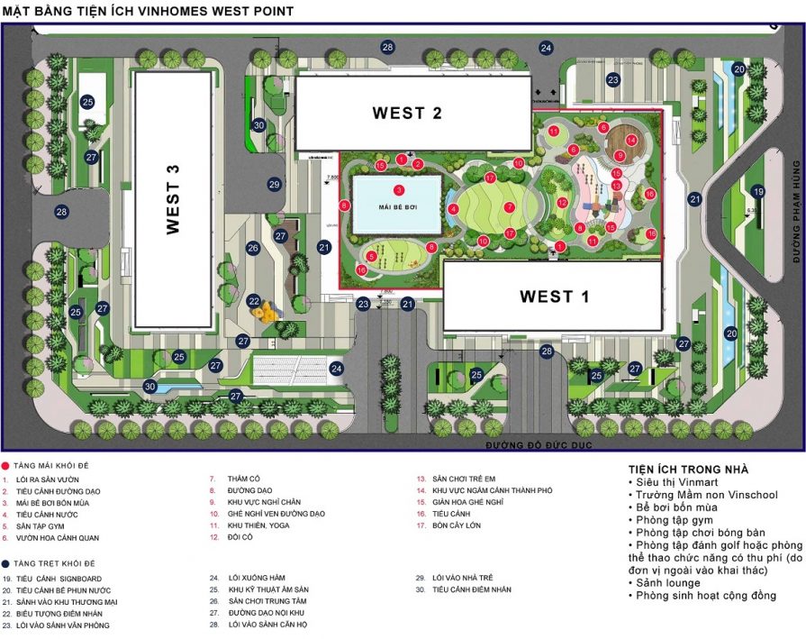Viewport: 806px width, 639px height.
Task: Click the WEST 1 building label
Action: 554,296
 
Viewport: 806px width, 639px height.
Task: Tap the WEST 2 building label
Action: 407,113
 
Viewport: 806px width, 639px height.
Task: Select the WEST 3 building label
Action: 174,199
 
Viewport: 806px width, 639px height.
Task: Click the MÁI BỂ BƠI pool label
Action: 397,206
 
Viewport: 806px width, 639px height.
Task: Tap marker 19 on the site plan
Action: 758,191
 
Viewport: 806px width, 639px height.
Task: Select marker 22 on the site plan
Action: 254,301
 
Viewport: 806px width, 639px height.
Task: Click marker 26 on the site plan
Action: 253,248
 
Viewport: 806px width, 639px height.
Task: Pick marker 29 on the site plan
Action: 275,184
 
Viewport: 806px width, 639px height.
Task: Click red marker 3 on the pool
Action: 398,190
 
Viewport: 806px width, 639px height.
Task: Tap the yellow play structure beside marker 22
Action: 265,313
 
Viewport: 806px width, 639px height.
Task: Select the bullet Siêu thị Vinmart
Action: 671,482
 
